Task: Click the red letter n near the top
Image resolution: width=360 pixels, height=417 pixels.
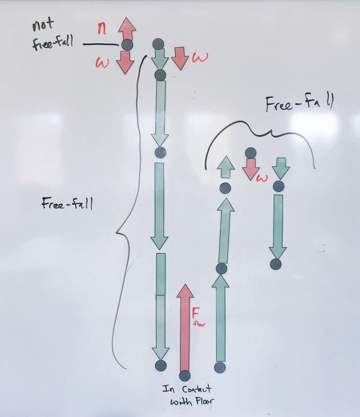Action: [x=102, y=28]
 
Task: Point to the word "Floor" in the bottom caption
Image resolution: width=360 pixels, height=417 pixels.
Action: [x=201, y=402]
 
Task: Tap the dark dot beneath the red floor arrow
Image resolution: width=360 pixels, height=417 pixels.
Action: [x=184, y=376]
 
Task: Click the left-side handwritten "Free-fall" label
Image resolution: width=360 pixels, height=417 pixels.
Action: [x=67, y=204]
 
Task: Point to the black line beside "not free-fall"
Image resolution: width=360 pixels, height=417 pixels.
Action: [x=101, y=45]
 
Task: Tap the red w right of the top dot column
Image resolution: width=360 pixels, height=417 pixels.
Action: [x=199, y=58]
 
